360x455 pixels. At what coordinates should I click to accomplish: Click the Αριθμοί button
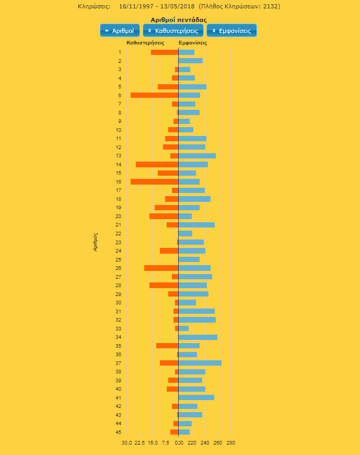pyautogui.click(x=120, y=31)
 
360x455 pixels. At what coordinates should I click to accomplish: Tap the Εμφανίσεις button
pyautogui.click(x=231, y=31)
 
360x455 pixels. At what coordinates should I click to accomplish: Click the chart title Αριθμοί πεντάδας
pyautogui.click(x=178, y=19)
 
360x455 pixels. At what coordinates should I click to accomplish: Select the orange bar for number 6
pyautogui.click(x=154, y=95)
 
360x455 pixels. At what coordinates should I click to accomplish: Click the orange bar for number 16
pyautogui.click(x=154, y=181)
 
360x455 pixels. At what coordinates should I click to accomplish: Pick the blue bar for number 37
pyautogui.click(x=200, y=363)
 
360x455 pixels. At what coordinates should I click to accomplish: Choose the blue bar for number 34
pyautogui.click(x=198, y=337)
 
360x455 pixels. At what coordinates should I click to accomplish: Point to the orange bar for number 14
pyautogui.click(x=157, y=164)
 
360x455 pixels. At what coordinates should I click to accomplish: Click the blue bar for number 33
pyautogui.click(x=183, y=328)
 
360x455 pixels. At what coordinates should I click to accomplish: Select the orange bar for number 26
pyautogui.click(x=161, y=268)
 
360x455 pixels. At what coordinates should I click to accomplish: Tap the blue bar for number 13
pyautogui.click(x=197, y=156)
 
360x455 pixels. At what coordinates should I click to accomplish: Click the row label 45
pyautogui.click(x=119, y=432)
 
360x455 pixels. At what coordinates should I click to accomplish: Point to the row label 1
pyautogui.click(x=120, y=52)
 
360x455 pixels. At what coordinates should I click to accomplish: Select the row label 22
pyautogui.click(x=119, y=233)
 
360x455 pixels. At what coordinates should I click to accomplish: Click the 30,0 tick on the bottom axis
pyautogui.click(x=126, y=443)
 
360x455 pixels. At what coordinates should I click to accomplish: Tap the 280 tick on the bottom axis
pyautogui.click(x=230, y=443)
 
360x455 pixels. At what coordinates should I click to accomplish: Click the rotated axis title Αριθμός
pyautogui.click(x=96, y=242)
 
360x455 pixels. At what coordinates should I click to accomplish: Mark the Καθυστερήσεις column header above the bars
pyautogui.click(x=146, y=42)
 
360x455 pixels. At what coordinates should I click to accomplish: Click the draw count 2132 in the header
pyautogui.click(x=270, y=7)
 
